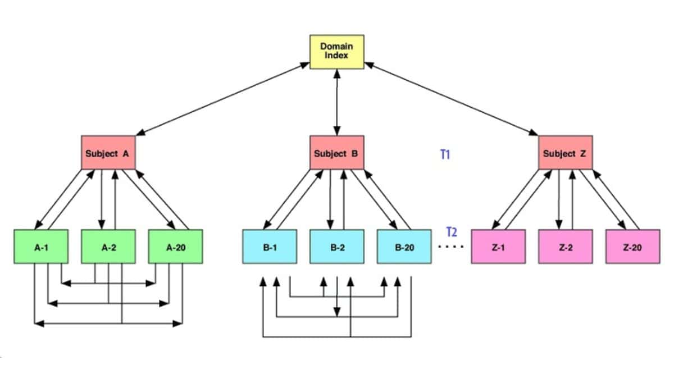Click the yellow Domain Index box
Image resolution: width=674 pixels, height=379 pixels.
coord(337,52)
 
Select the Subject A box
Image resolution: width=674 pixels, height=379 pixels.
coord(109,152)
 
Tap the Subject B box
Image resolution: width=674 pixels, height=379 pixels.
coord(337,152)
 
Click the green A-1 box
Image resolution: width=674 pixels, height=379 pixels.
coord(42,246)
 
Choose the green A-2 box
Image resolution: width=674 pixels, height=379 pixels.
coord(108,246)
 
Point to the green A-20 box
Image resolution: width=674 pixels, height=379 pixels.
coord(176,246)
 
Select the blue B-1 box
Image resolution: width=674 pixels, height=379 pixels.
coord(270,246)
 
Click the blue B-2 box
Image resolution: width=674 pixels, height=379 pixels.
coord(337,246)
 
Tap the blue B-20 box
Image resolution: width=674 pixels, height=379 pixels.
coord(404,246)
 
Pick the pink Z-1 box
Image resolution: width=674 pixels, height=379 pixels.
coord(498,246)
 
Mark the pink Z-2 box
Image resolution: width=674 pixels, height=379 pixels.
coord(566,246)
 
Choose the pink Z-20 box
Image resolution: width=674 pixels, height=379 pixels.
coord(633,246)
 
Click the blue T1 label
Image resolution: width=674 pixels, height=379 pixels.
coord(445,154)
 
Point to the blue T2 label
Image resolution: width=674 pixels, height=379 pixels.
coord(451,231)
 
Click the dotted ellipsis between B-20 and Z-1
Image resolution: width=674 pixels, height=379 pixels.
coord(450,246)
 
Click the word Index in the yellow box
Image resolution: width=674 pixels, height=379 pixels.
coord(337,56)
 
